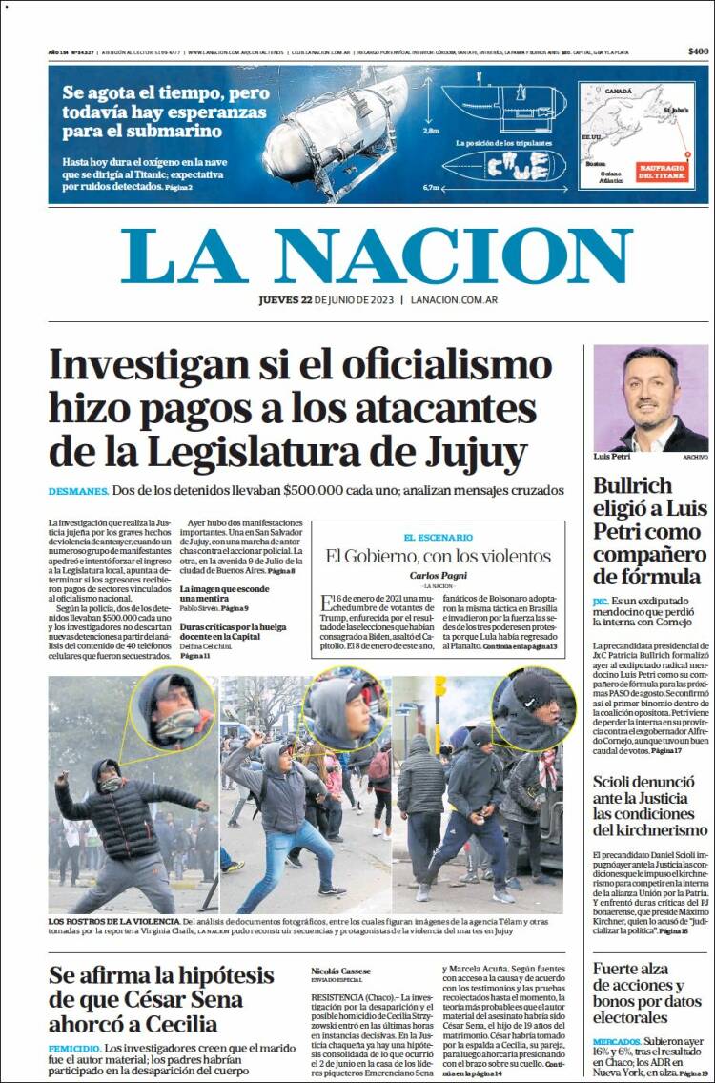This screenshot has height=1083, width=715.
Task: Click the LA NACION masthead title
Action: pyautogui.click(x=377, y=255)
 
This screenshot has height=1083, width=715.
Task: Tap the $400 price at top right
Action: pyautogui.click(x=698, y=51)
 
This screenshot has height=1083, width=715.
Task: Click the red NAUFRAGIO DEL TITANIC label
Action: pyautogui.click(x=660, y=171)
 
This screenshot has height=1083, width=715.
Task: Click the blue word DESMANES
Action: pyautogui.click(x=78, y=491)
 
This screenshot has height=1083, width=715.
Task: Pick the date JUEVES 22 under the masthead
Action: pyautogui.click(x=285, y=300)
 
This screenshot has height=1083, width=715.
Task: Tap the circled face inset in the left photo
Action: pyautogui.click(x=173, y=708)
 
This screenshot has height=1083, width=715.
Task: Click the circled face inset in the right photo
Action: pyautogui.click(x=533, y=708)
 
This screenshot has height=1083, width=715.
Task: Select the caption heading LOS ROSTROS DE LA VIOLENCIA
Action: pyautogui.click(x=112, y=922)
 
